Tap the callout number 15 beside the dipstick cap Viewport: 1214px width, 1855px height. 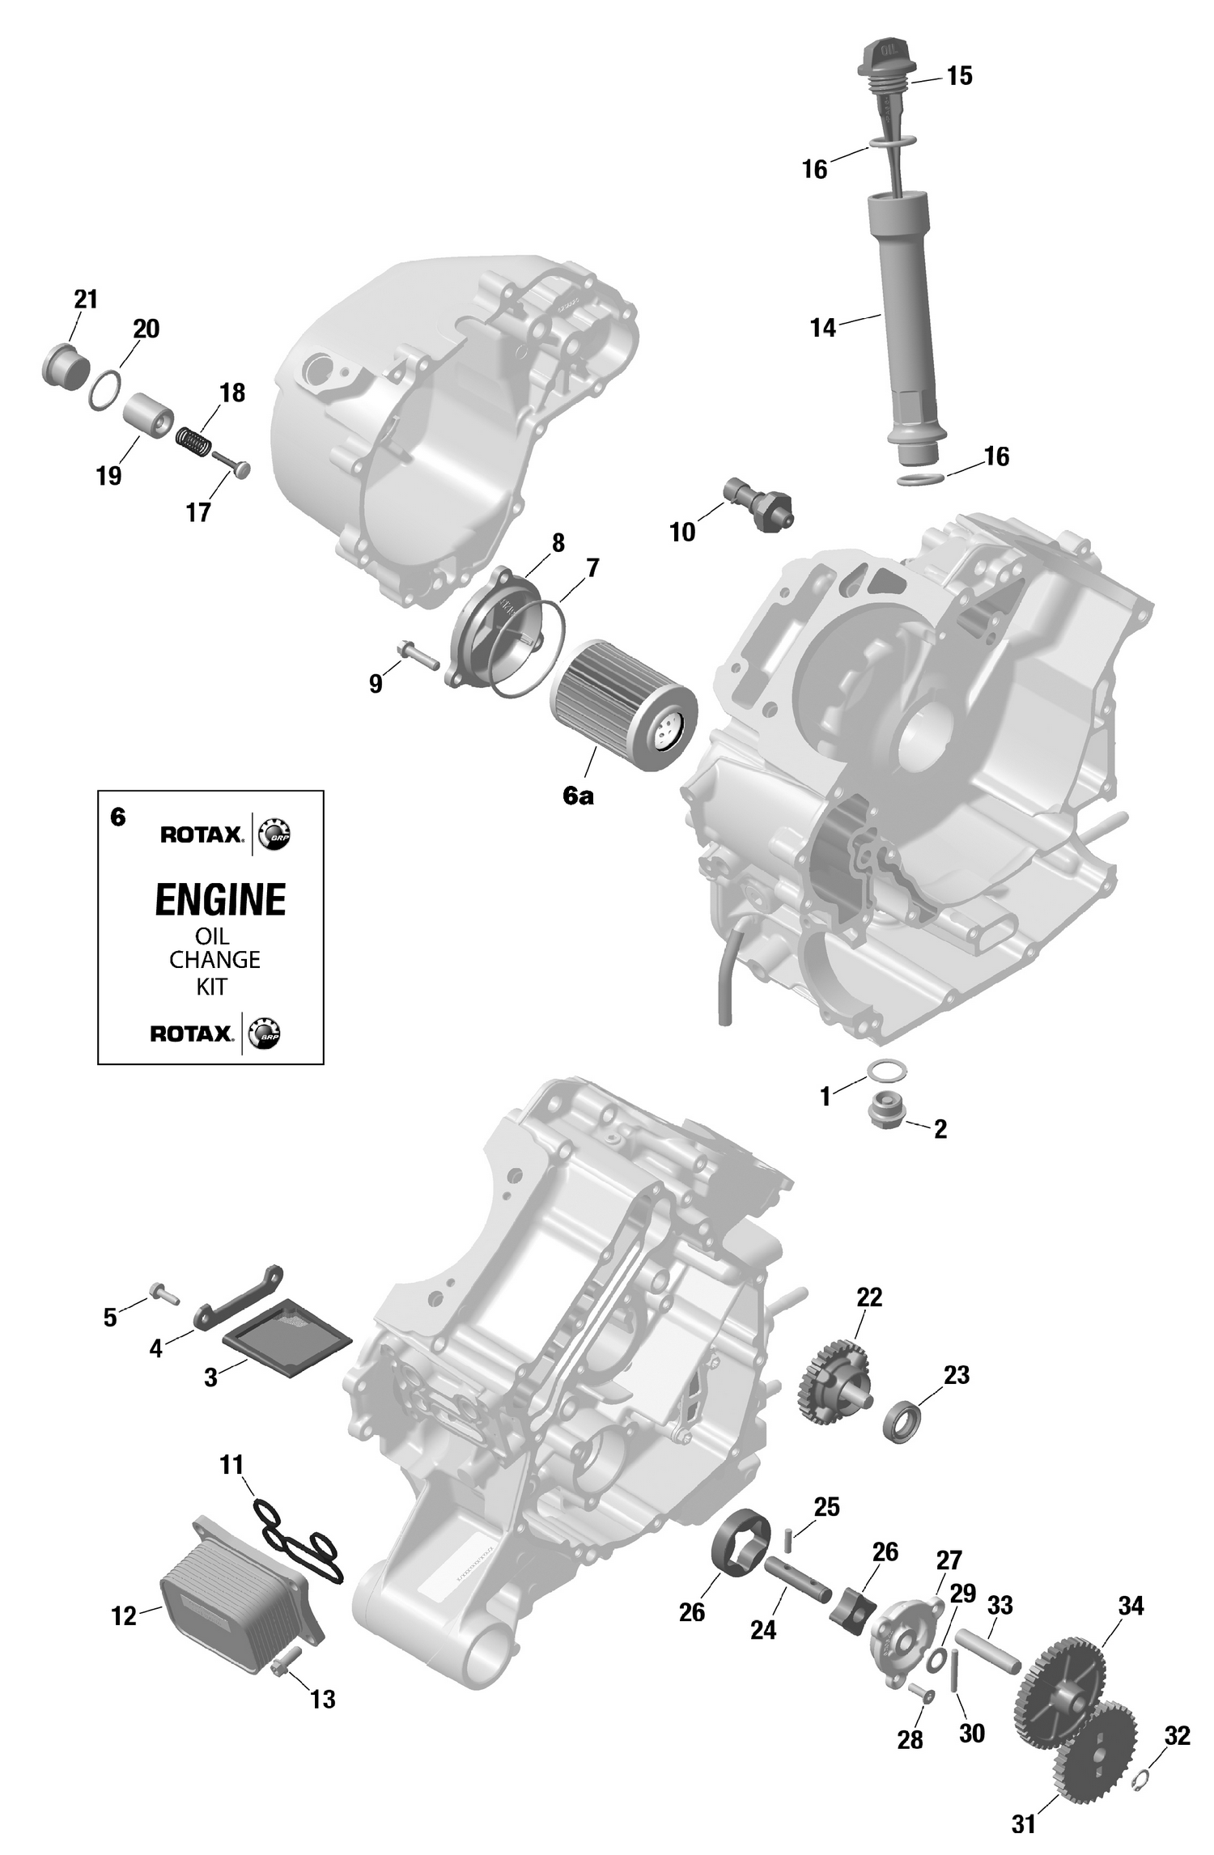[959, 76]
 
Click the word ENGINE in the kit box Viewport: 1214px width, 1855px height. [220, 900]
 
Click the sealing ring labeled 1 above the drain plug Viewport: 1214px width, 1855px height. [887, 1070]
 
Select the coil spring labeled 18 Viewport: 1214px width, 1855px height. [194, 441]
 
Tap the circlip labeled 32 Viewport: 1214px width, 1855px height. [1143, 1777]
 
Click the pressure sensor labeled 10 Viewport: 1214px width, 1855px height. [758, 505]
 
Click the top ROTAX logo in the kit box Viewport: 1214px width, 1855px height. [201, 834]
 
